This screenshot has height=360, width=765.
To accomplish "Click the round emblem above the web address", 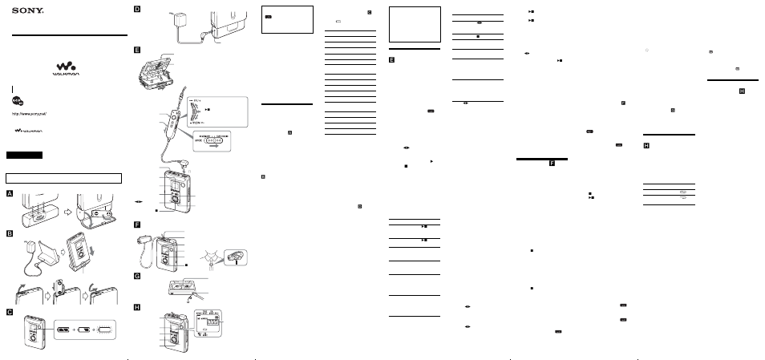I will tap(17, 102).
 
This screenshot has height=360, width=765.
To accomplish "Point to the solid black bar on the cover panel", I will tap(24, 154).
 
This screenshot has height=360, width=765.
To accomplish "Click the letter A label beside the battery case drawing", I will tap(10, 193).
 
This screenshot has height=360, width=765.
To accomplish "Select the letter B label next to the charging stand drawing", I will tap(10, 233).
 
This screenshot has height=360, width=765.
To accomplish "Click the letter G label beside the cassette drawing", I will tap(137, 276).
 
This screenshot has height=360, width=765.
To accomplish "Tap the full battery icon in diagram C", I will tap(64, 330).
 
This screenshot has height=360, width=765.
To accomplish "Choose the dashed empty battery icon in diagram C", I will tap(107, 330).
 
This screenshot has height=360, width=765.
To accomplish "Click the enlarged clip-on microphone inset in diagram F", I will tap(234, 257).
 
